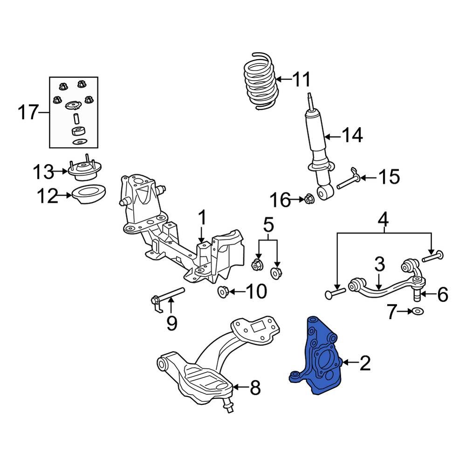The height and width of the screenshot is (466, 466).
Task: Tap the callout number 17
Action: click(27, 112)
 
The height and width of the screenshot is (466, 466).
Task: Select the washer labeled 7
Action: click(417, 311)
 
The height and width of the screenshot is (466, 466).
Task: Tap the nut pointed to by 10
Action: click(224, 292)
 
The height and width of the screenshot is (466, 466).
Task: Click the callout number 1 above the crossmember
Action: click(202, 218)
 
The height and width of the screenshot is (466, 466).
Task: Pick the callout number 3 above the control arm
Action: click(380, 265)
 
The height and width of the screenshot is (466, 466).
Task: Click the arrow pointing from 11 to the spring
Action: click(284, 80)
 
